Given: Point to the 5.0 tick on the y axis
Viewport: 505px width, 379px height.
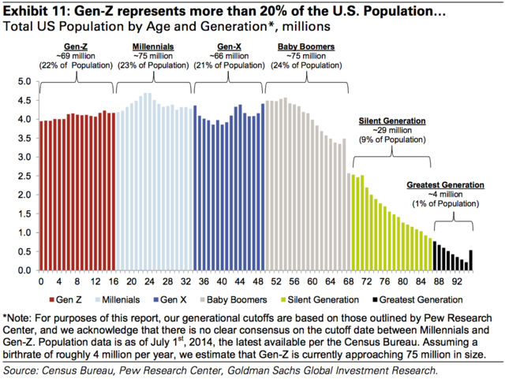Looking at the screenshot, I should coord(24,81).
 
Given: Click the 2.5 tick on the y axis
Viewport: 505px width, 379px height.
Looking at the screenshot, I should coord(24,176).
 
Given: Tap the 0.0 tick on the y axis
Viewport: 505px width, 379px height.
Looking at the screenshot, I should coord(24,270).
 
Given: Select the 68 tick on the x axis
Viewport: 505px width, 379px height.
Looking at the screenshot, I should coord(348,281).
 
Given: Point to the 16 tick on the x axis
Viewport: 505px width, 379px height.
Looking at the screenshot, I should coord(113,281).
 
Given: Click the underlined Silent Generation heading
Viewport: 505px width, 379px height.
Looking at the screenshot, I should coord(391,121).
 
